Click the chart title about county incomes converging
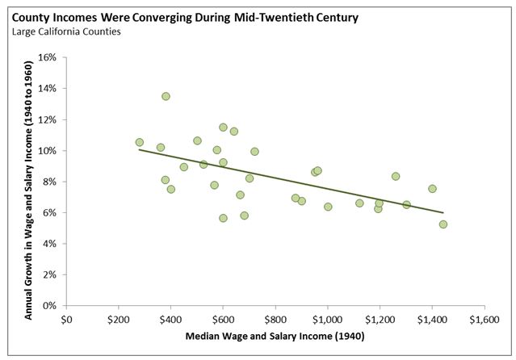[x=181, y=15]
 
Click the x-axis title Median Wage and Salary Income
[x=275, y=335]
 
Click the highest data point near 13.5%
[x=166, y=96]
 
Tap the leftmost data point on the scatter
[x=140, y=142]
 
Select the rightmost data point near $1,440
[x=443, y=224]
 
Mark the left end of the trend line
[x=140, y=149]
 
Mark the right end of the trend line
[x=443, y=212]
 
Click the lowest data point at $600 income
[x=224, y=218]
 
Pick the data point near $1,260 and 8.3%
[x=396, y=176]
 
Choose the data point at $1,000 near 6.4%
[x=328, y=207]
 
